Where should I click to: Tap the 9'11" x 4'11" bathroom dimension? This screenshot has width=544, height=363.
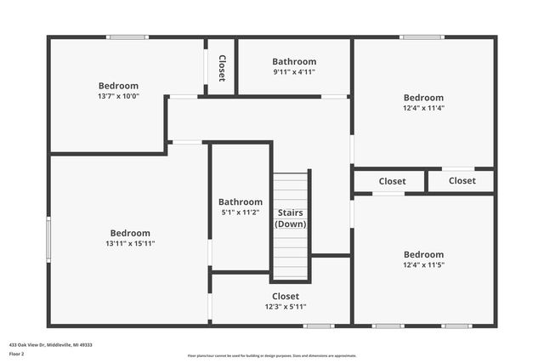click(x=294, y=72)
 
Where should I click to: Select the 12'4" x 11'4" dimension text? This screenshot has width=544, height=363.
click(x=423, y=108)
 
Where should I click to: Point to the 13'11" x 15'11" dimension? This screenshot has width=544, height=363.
click(x=130, y=243)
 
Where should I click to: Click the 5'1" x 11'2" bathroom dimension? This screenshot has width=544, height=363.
click(x=241, y=213)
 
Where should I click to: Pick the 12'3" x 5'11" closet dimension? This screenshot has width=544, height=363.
click(x=286, y=307)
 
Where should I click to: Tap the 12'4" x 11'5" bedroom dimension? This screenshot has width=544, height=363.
click(x=423, y=265)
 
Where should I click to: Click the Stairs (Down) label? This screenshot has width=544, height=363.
click(x=290, y=218)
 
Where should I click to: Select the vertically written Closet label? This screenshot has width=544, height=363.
click(x=222, y=68)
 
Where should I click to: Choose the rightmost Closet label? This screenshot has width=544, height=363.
click(x=462, y=181)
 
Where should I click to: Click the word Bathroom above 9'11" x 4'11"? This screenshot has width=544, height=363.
click(x=294, y=61)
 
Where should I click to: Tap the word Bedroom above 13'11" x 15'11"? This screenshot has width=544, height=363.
click(x=130, y=233)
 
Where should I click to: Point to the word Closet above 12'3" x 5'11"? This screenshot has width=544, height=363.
click(x=286, y=297)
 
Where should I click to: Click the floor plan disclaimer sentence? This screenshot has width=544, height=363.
click(x=272, y=355)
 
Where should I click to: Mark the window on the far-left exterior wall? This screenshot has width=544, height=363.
click(x=48, y=242)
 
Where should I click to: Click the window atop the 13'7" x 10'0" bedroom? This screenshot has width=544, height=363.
click(x=127, y=37)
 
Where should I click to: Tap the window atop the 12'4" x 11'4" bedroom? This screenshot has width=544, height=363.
click(x=422, y=37)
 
